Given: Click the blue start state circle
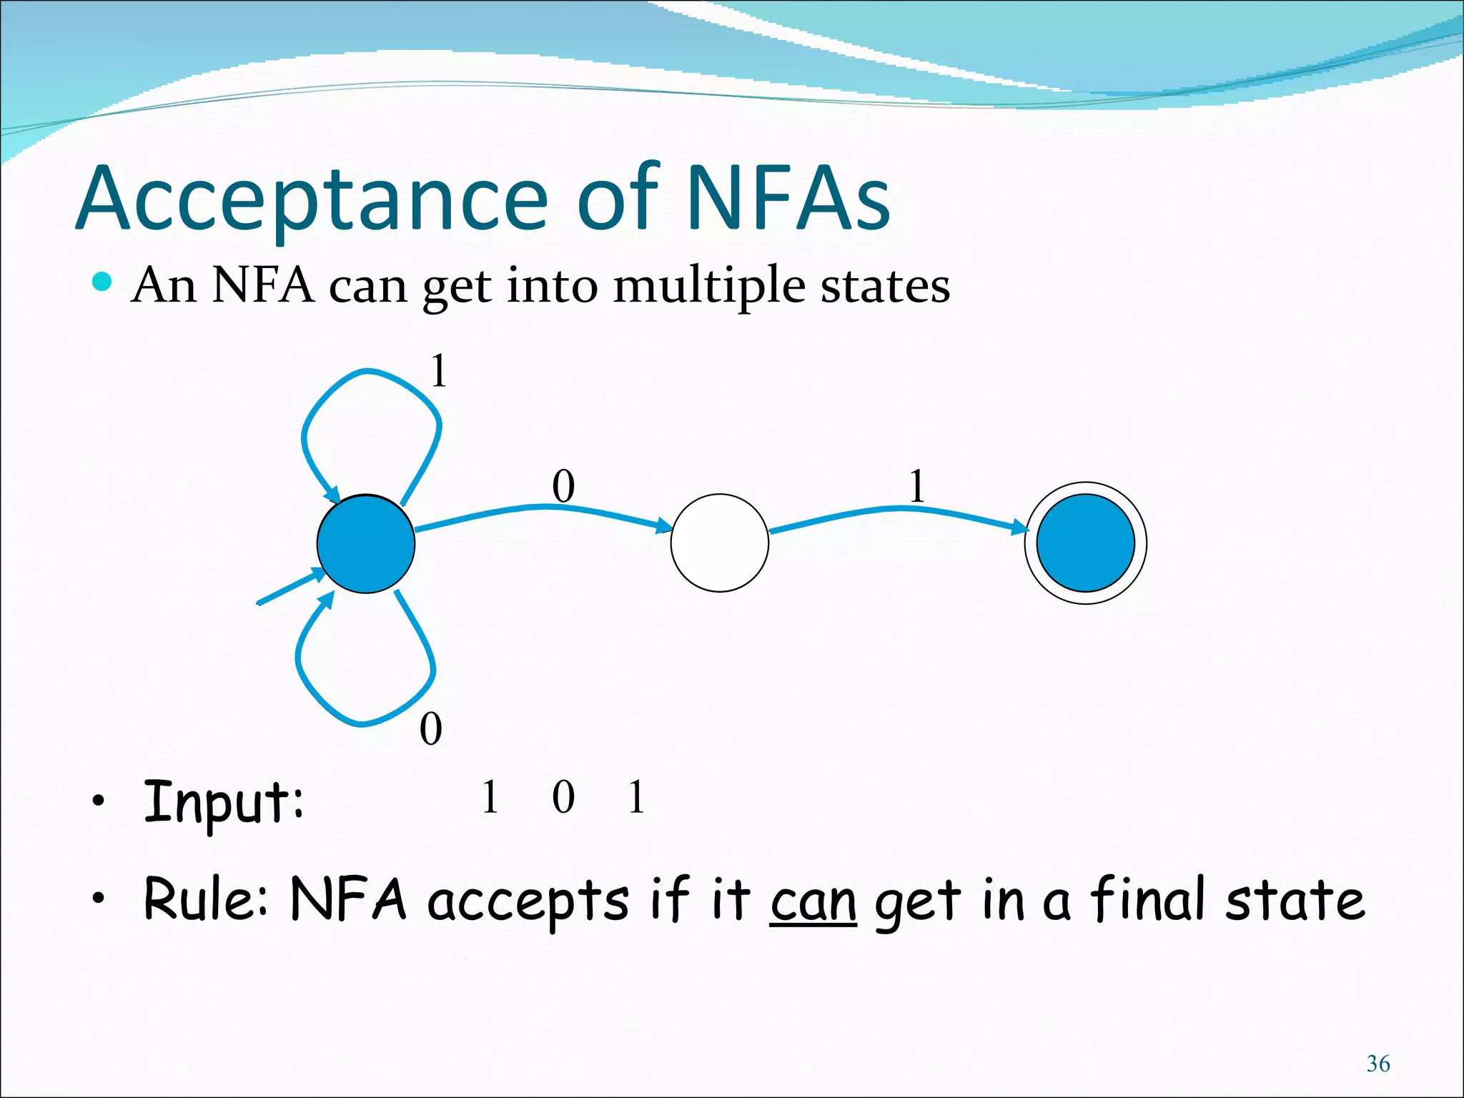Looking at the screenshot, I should coord(365,543).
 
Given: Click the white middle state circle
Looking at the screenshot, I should coord(719,543).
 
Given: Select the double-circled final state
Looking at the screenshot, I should coord(1085,543).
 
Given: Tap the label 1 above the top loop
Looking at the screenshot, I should coord(438,372).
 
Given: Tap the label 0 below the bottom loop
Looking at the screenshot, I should coord(430,729).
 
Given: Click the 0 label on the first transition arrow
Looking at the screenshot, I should coord(563,487).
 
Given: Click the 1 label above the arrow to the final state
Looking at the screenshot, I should coord(916,487).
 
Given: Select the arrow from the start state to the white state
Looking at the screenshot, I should coord(543,508).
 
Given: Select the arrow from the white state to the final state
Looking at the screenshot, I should coord(897,509).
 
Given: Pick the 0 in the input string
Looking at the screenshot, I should coord(563,798).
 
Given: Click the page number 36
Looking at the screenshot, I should coord(1378,1064).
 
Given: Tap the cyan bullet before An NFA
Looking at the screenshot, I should coord(102,282).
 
